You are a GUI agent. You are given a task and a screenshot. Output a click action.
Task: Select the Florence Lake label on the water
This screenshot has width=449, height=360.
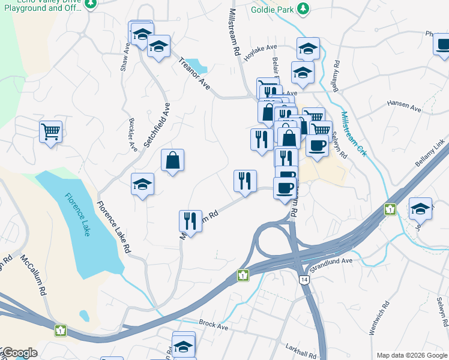77,214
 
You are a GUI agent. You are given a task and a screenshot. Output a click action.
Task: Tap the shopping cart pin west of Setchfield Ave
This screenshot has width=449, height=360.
51,131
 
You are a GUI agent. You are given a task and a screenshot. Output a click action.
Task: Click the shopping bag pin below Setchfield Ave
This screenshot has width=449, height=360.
172,160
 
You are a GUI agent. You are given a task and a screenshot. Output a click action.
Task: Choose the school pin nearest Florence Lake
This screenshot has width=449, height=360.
143,184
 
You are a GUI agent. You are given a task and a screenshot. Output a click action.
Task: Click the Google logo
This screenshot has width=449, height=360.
19,353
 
